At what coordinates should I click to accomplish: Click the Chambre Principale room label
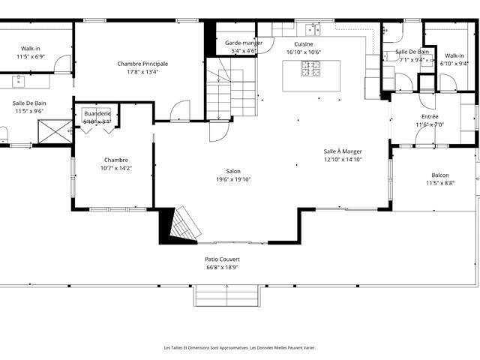[142, 64]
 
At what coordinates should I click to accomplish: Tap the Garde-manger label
[244, 43]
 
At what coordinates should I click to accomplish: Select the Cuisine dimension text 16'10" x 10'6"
[304, 52]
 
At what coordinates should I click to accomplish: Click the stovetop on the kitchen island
[310, 68]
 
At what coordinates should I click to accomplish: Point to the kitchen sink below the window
[313, 30]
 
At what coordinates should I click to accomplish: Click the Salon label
[233, 172]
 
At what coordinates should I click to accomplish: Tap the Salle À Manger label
[343, 151]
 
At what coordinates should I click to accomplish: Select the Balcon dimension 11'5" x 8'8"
[440, 183]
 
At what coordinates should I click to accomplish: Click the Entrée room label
[430, 117]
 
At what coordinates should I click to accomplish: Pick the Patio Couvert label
[223, 259]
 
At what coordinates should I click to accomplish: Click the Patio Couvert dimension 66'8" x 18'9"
[223, 268]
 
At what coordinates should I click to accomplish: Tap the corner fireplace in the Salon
[180, 225]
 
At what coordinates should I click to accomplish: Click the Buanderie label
[97, 113]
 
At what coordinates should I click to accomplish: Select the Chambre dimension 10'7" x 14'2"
[116, 168]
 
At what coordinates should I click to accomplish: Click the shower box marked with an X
[55, 131]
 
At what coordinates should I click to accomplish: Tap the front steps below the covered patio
[226, 295]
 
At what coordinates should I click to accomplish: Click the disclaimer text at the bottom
[240, 348]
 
